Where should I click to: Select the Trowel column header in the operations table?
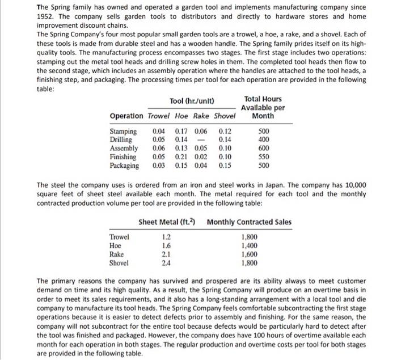(159, 116)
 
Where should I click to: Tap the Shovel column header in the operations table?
(225, 116)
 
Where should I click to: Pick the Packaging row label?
(124, 166)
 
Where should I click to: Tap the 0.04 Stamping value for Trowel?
(161, 132)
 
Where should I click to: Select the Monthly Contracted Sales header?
(249, 222)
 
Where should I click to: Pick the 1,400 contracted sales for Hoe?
(250, 246)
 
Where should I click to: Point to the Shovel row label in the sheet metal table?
(119, 263)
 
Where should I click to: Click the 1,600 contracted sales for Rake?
(250, 255)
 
